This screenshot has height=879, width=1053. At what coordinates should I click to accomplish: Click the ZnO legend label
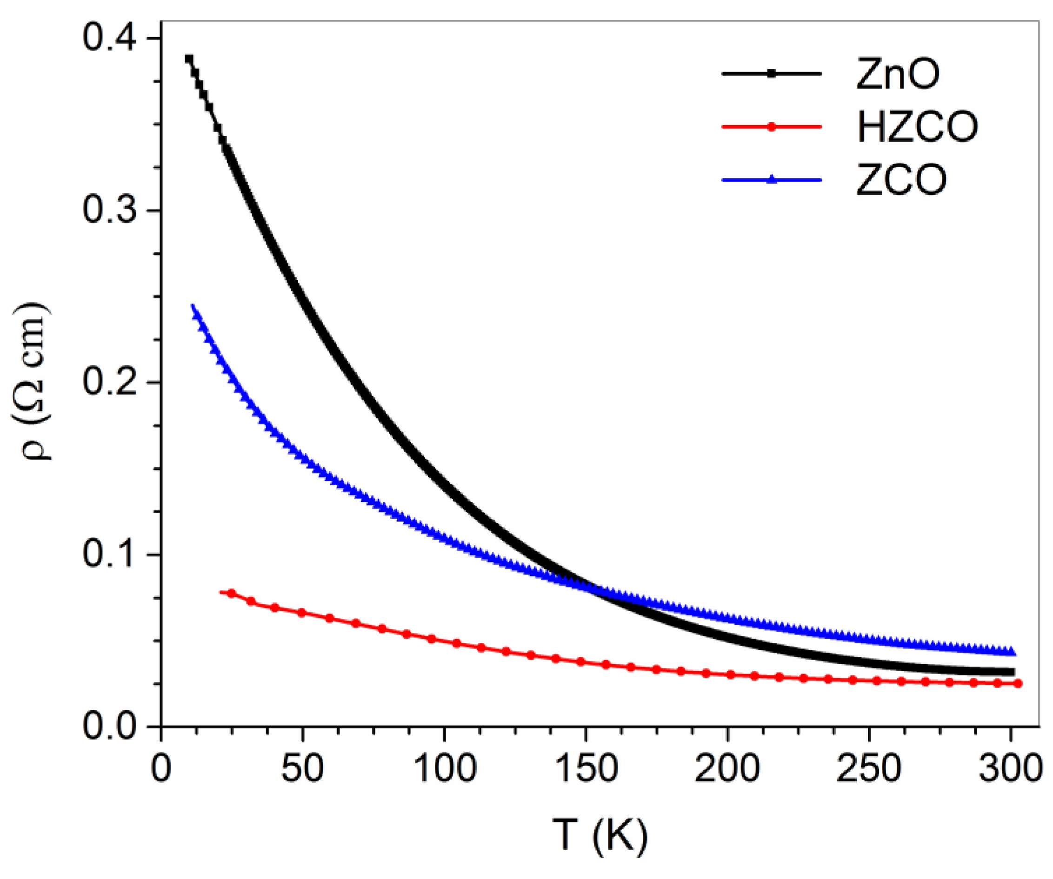[897, 75]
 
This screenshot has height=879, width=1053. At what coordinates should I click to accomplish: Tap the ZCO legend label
[901, 180]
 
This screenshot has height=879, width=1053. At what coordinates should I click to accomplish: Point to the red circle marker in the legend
[771, 127]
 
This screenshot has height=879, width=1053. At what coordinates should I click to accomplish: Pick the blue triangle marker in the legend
[771, 179]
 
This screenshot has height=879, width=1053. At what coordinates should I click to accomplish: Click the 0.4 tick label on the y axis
[109, 38]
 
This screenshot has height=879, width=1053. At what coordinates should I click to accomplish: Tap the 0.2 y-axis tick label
[109, 383]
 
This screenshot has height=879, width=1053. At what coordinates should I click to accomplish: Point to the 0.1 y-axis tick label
[109, 554]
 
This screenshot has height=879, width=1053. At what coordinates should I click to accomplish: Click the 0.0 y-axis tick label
[109, 726]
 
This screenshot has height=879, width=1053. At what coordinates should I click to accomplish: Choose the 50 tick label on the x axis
[302, 768]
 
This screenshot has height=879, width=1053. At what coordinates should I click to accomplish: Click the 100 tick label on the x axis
[444, 768]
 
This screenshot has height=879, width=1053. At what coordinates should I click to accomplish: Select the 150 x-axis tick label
[586, 768]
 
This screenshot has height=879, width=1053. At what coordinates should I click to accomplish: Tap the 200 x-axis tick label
[727, 768]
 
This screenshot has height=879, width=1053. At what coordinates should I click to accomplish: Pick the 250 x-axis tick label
[868, 768]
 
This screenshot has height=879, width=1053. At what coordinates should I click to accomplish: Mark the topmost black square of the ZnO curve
[188, 59]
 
